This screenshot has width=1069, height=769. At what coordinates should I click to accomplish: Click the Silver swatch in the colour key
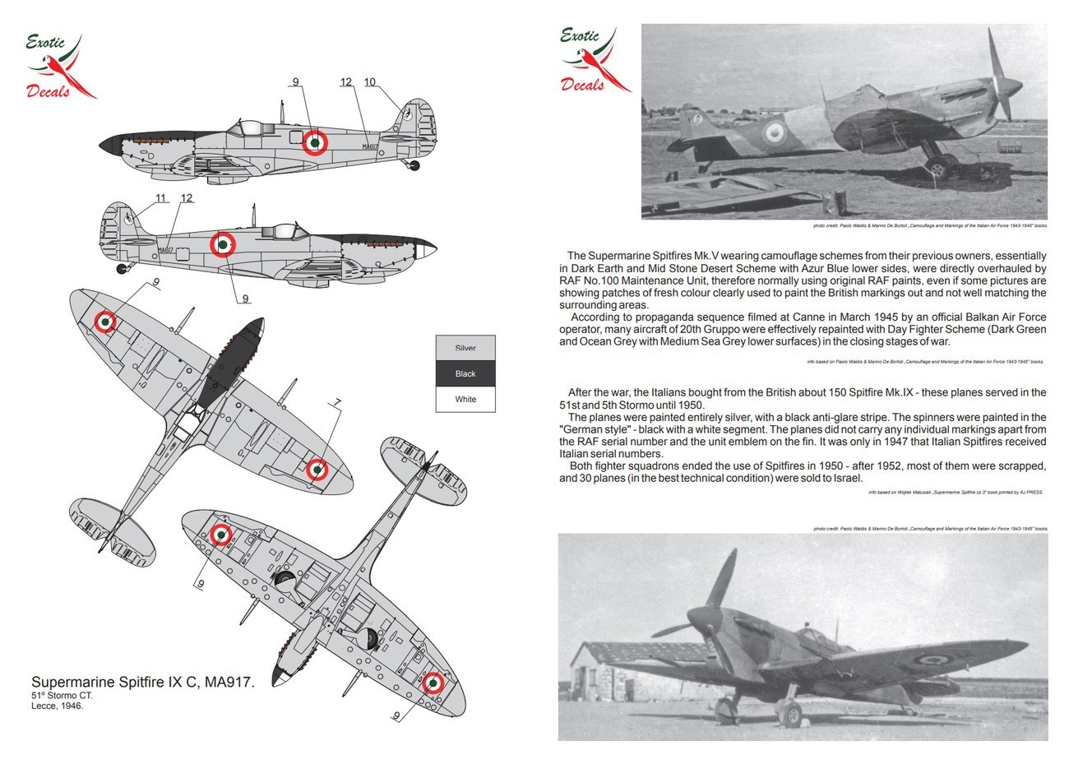[465, 348]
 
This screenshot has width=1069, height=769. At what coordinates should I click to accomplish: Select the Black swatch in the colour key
[465, 373]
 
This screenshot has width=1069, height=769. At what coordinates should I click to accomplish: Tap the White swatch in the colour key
[465, 400]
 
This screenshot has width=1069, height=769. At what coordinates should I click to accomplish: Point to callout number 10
[369, 82]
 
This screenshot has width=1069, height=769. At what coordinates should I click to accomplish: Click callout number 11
[160, 198]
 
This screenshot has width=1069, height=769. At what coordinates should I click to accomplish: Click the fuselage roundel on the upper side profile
[314, 142]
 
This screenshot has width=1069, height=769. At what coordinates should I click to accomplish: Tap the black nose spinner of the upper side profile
[108, 146]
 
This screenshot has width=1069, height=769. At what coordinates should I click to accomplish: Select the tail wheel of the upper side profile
[414, 166]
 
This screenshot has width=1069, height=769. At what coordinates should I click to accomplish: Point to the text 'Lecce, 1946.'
[58, 706]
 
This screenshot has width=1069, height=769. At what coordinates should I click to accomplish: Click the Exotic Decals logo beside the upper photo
[594, 59]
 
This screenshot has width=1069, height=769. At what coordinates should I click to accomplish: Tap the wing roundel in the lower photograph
[932, 659]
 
